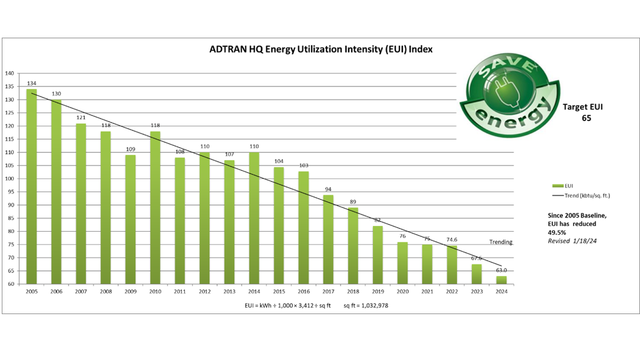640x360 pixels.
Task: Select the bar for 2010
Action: tap(155, 208)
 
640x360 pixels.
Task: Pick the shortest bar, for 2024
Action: tap(501, 280)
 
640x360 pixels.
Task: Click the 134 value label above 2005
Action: tap(31, 84)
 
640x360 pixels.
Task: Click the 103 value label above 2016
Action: tap(304, 166)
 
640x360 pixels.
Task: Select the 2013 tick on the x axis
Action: tap(229, 291)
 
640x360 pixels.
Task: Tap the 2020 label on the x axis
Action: tap(402, 291)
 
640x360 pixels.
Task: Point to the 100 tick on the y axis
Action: tap(10, 179)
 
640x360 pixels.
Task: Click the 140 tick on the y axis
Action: tap(10, 74)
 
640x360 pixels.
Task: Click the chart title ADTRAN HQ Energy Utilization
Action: tap(321, 49)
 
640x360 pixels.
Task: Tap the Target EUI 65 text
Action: tap(582, 112)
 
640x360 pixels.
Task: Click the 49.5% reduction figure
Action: tap(556, 232)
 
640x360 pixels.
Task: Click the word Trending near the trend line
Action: tap(501, 242)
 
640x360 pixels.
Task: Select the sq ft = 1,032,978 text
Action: tap(366, 305)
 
